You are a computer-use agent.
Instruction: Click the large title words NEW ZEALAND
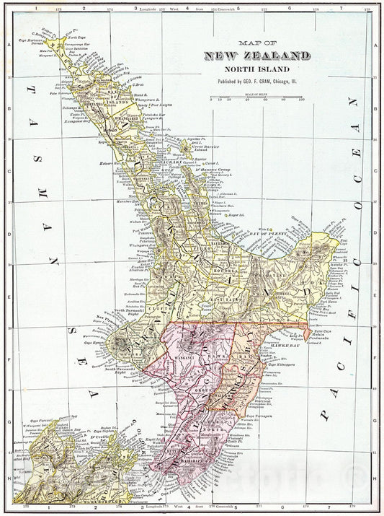257,56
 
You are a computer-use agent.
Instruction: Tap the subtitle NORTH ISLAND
257,70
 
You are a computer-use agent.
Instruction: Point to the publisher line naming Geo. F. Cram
257,82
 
